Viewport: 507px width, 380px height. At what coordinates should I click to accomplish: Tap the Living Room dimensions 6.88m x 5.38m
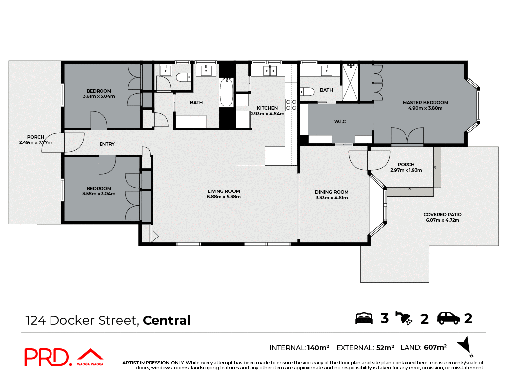[x=224, y=197]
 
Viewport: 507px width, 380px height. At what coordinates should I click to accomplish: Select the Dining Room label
[x=332, y=192]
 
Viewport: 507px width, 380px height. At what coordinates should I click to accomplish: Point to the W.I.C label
[x=339, y=121]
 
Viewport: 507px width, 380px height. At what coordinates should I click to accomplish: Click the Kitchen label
[x=267, y=108]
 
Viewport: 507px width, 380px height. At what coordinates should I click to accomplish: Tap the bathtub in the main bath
[x=226, y=93]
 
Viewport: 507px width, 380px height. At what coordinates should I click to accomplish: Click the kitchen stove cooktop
[x=291, y=105]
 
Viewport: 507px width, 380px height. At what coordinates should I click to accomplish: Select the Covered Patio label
[x=442, y=215]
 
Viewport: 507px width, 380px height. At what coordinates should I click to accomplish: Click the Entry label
[x=107, y=144]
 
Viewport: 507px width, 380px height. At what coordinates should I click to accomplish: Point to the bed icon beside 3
[x=364, y=318]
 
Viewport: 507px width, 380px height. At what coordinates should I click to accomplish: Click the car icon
[x=449, y=318]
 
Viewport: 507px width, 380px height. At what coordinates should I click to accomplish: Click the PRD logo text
[x=47, y=357]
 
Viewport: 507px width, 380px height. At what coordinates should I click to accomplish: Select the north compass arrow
[x=464, y=346]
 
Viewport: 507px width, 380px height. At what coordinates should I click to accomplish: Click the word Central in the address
[x=166, y=320]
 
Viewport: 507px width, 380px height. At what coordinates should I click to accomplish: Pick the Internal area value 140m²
[x=318, y=347]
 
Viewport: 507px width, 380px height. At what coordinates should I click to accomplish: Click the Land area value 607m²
[x=435, y=347]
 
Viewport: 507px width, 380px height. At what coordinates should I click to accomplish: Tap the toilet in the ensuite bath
[x=307, y=92]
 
